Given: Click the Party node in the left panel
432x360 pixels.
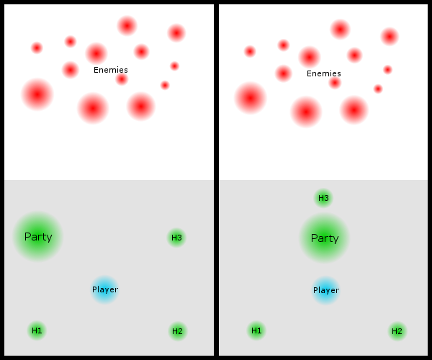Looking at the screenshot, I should [x=38, y=236].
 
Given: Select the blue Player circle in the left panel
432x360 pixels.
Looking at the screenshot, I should [x=104, y=289].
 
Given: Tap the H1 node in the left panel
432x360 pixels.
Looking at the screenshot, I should [x=37, y=330].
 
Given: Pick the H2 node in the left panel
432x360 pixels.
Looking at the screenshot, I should [x=177, y=331].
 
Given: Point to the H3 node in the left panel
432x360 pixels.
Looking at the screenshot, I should [x=176, y=238].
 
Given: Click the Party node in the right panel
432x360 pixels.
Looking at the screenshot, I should [x=324, y=238].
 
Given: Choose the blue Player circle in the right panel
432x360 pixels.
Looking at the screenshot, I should [x=325, y=290].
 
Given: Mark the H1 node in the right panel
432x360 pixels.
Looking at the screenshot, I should [x=256, y=330].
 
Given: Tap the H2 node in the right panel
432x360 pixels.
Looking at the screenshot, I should [x=396, y=331].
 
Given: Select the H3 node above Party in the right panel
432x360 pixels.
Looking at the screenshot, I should [x=323, y=198].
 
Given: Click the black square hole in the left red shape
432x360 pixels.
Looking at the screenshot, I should [x=104, y=79].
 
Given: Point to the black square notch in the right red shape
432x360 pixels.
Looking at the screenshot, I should [x=318, y=83].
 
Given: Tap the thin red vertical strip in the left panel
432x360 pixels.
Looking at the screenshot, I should [x=210, y=153].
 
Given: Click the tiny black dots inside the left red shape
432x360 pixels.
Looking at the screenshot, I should [x=123, y=71].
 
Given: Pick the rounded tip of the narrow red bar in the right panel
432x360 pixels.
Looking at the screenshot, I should [x=248, y=51].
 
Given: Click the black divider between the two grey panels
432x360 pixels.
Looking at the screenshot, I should [x=216, y=266].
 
